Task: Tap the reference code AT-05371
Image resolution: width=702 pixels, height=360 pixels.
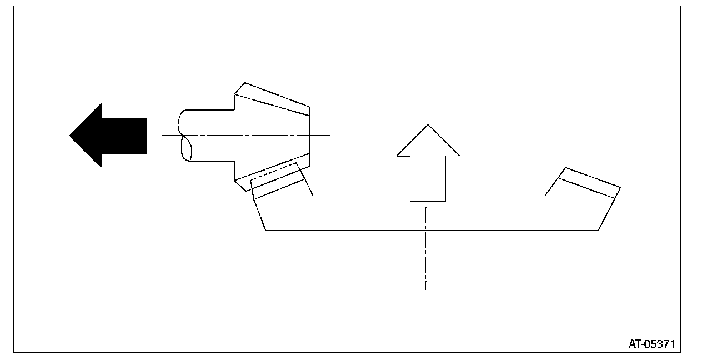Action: tap(651, 344)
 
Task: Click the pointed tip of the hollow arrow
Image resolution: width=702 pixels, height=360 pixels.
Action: tap(428, 126)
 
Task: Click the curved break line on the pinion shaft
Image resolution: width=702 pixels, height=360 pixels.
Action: tap(185, 135)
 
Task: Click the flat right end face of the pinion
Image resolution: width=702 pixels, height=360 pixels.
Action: tap(309, 135)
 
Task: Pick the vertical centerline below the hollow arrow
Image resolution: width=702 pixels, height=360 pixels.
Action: tap(425, 250)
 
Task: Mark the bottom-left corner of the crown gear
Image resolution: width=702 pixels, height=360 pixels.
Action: tap(266, 230)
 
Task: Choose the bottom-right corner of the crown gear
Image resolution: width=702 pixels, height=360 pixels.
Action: tap(598, 230)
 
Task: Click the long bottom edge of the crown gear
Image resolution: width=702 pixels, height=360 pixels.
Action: tap(433, 230)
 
